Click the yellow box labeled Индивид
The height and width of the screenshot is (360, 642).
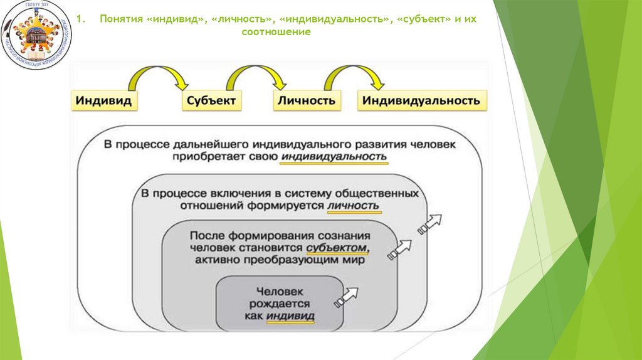pyautogui.click(x=104, y=100)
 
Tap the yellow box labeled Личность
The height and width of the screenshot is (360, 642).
pyautogui.click(x=307, y=100)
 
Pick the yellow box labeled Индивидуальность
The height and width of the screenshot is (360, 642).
pyautogui.click(x=421, y=100)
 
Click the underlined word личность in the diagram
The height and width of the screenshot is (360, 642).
pyautogui.click(x=354, y=206)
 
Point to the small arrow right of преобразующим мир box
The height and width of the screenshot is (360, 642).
pyautogui.click(x=401, y=248)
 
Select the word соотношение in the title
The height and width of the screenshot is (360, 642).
pyautogui.click(x=276, y=32)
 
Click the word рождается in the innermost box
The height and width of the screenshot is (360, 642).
pyautogui.click(x=280, y=304)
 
